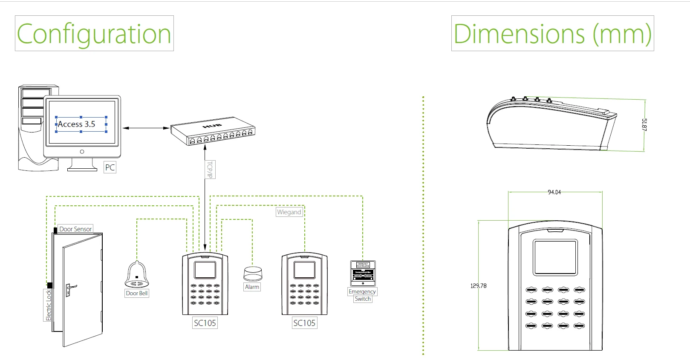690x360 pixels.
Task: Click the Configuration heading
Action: click(94, 34)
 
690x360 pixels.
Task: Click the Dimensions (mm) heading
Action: click(552, 34)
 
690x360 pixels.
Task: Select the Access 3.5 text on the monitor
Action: click(77, 124)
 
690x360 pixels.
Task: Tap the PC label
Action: click(110, 167)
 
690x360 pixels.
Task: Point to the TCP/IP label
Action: click(209, 170)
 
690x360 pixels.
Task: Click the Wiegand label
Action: click(289, 212)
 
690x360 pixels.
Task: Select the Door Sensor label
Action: click(75, 229)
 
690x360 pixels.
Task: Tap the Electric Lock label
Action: click(49, 305)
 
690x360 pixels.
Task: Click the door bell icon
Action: click(137, 275)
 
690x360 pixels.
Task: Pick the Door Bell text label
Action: click(137, 293)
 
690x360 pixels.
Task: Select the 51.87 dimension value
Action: click(644, 125)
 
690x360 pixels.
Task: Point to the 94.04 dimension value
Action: click(554, 193)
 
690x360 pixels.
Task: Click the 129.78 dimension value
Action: click(478, 286)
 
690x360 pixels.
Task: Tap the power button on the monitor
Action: click(82, 152)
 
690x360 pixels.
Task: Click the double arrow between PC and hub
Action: click(145, 128)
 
